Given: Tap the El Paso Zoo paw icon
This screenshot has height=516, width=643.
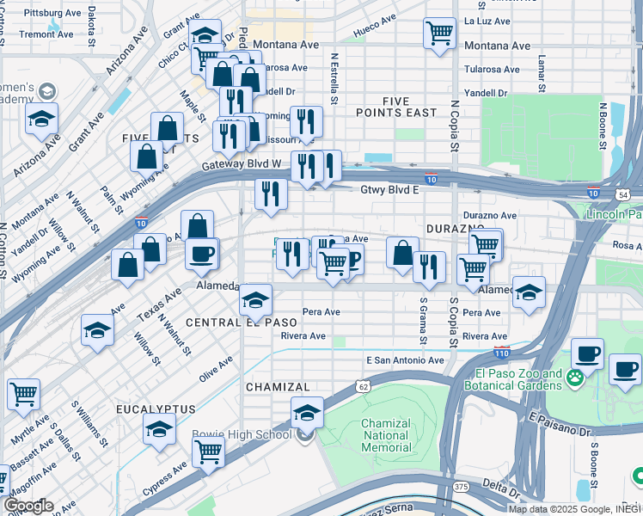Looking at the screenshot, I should (x=574, y=376).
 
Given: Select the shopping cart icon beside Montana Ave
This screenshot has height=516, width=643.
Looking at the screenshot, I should (x=439, y=34).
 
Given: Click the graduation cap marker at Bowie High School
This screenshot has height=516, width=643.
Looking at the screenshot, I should (x=307, y=413).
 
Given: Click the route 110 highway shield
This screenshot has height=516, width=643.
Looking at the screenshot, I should (x=502, y=352).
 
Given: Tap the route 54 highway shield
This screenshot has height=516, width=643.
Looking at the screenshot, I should (x=623, y=196).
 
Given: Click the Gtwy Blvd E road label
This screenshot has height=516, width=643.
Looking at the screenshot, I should (x=389, y=189).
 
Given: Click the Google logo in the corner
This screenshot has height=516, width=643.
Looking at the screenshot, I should (x=28, y=506).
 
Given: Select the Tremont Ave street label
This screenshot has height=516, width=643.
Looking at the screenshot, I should (x=46, y=34).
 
